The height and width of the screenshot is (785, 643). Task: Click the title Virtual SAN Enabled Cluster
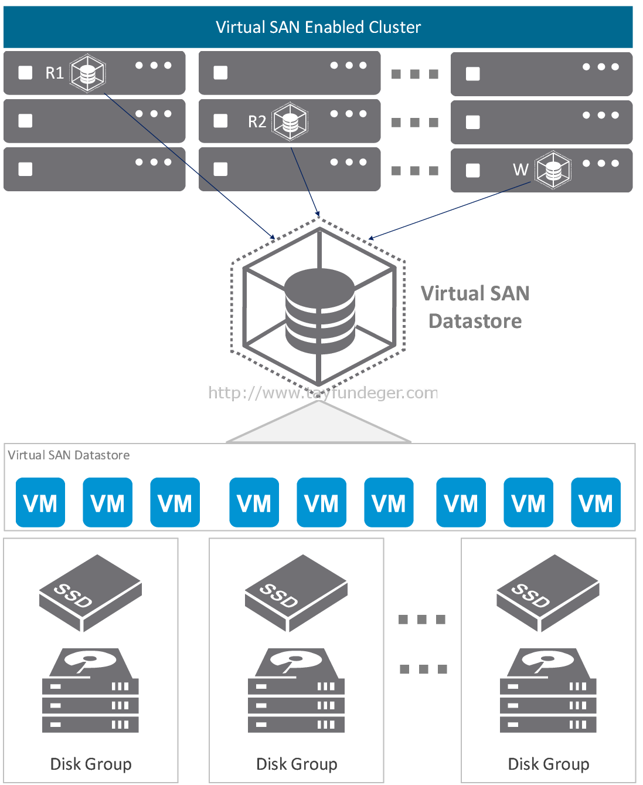click(318, 27)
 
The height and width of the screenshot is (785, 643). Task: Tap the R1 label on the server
click(55, 73)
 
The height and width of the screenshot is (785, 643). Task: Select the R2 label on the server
click(257, 121)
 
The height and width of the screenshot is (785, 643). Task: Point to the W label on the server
click(520, 170)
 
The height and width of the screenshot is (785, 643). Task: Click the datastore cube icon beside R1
click(88, 73)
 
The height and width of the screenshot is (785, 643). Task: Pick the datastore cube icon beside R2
click(290, 121)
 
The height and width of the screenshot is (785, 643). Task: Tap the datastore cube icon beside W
click(553, 170)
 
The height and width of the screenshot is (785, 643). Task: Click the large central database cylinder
click(320, 311)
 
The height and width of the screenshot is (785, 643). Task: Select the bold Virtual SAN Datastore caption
click(475, 307)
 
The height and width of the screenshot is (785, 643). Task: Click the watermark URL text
click(323, 392)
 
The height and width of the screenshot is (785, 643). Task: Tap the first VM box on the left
click(40, 502)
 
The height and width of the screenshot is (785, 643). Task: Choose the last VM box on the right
click(596, 502)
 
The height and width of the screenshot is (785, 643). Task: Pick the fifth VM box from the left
click(322, 502)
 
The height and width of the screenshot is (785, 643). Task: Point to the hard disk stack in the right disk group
click(548, 691)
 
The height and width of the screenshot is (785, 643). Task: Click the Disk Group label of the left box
click(91, 764)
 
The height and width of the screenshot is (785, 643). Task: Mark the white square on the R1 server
click(25, 73)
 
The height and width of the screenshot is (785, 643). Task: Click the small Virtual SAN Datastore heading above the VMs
click(69, 455)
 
